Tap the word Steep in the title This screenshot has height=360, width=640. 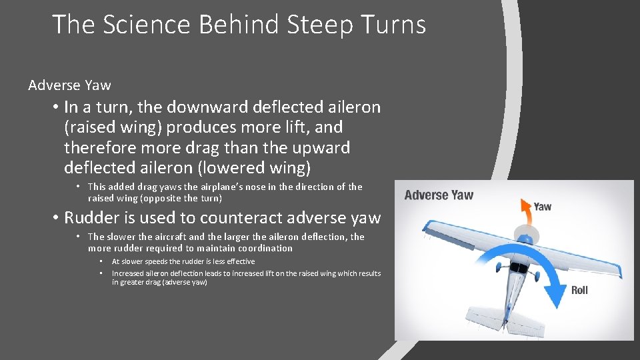click(319, 25)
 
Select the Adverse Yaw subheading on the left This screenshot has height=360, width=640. click(69, 85)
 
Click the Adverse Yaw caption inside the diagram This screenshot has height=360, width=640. click(439, 195)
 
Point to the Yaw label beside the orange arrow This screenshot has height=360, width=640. click(542, 207)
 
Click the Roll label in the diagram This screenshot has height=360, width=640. click(579, 291)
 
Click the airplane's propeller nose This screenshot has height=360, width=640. click(525, 235)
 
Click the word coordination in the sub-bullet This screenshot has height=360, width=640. click(261, 248)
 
